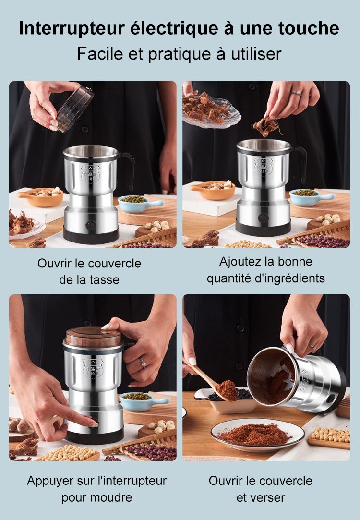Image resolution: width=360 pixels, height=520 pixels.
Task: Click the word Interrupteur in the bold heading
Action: point(71,28)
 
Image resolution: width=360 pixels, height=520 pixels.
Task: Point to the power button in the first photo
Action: point(90,226)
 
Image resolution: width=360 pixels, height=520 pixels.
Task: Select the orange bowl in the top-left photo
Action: point(41,196)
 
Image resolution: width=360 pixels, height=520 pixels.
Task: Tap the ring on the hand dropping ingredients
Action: point(296,93)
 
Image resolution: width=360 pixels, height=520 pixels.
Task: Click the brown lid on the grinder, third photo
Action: point(94,337)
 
